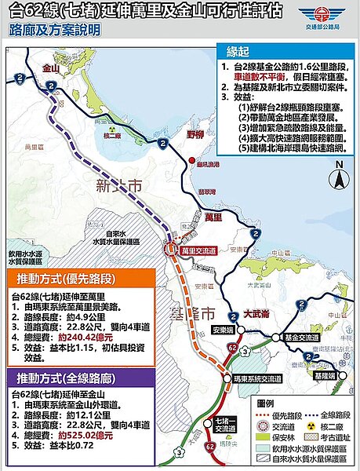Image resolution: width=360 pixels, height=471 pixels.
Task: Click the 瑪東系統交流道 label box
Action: (256, 379)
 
